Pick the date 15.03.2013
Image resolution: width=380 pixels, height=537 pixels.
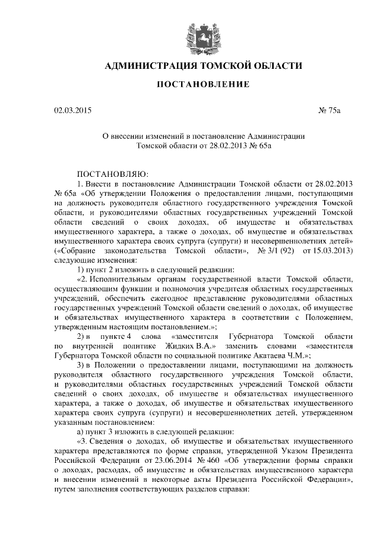(x=332, y=251)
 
